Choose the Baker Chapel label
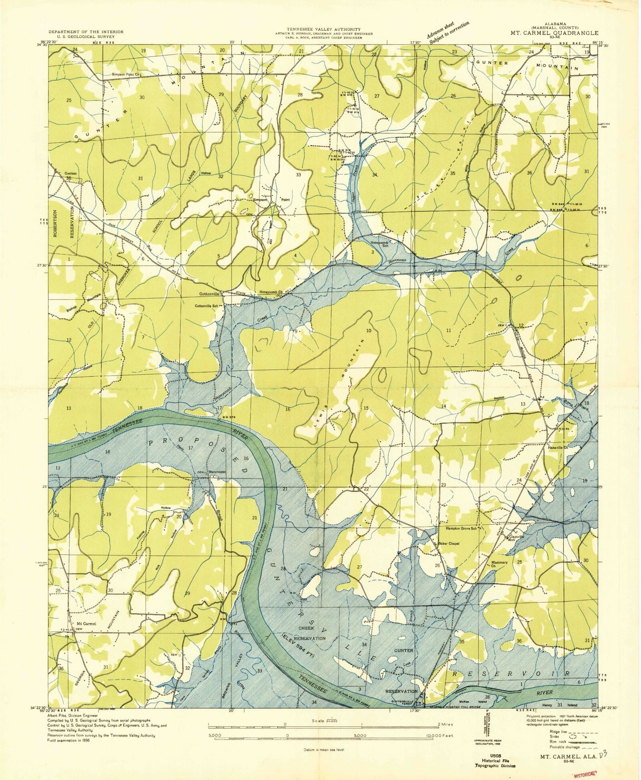click(x=448, y=543)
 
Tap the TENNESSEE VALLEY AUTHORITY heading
click(x=323, y=28)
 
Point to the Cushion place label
click(x=70, y=173)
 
